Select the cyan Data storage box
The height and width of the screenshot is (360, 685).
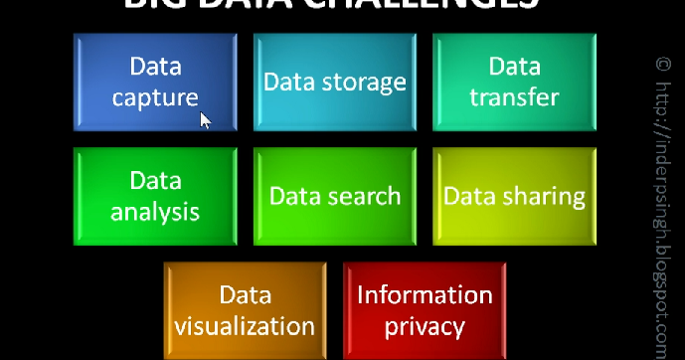pyautogui.click(x=334, y=82)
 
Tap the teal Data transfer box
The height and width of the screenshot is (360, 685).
pyautogui.click(x=514, y=82)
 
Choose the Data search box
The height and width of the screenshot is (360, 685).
pyautogui.click(x=334, y=196)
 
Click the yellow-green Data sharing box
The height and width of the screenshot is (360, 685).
pyautogui.click(x=514, y=196)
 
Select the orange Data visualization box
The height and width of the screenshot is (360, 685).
pyautogui.click(x=245, y=310)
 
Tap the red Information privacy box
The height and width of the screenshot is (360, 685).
pyautogui.click(x=425, y=310)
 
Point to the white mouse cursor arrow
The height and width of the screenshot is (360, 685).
pyautogui.click(x=206, y=120)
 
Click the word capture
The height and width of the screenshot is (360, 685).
pyautogui.click(x=155, y=98)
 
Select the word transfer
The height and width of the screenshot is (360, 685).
pyautogui.click(x=514, y=98)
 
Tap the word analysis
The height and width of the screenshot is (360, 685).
pyautogui.click(x=155, y=212)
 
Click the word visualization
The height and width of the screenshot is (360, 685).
pyautogui.click(x=245, y=326)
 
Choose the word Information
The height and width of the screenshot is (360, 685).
pyautogui.click(x=425, y=295)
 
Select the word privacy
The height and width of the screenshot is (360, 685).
pyautogui.click(x=425, y=326)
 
